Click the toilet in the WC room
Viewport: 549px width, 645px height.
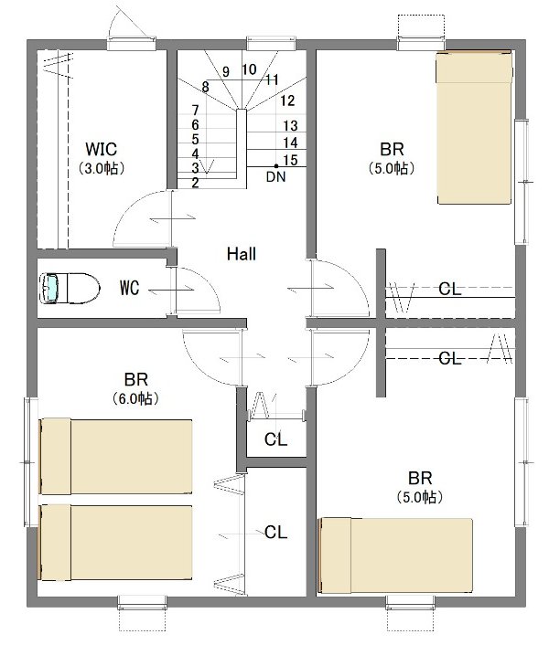click(70, 289)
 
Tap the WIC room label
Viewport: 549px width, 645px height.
click(101, 149)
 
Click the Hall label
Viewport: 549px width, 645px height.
click(242, 254)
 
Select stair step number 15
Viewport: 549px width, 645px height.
click(290, 160)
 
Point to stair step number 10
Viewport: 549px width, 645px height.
click(249, 69)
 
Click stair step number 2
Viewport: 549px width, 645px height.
click(195, 182)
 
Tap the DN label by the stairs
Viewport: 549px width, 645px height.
click(275, 176)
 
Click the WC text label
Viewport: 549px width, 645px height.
click(129, 288)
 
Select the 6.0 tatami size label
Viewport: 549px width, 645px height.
click(135, 398)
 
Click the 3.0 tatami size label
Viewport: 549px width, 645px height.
click(102, 168)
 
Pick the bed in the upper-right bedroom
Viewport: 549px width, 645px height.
click(475, 127)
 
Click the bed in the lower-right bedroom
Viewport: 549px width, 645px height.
click(395, 555)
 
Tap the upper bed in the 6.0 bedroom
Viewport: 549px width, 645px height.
click(115, 457)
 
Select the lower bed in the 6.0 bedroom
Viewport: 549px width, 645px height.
click(115, 543)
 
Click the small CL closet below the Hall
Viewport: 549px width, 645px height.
click(275, 439)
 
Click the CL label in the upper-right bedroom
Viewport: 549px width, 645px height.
click(450, 289)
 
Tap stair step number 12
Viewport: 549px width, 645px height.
click(287, 100)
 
